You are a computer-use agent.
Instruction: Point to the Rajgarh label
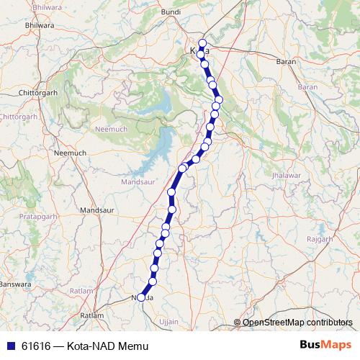point(320,238)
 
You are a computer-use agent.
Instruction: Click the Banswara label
point(16,284)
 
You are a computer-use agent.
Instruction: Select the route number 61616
point(35,346)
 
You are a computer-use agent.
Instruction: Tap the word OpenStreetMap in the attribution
point(274,323)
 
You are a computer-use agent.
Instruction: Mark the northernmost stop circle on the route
point(203,43)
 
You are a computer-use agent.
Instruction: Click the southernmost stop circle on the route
point(142,297)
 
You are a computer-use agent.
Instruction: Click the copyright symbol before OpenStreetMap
point(237,323)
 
